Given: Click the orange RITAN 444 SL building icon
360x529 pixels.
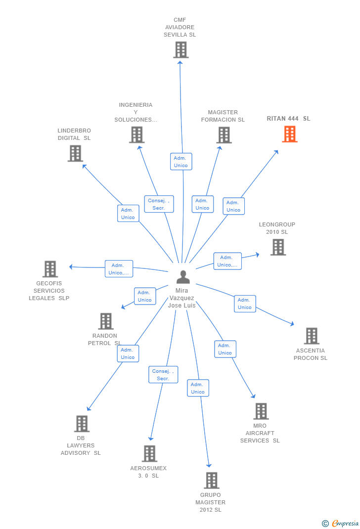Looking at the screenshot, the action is [x=290, y=134].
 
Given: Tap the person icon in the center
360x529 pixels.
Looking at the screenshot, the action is [x=183, y=277].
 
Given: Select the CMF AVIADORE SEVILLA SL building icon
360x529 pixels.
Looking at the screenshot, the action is [x=181, y=50].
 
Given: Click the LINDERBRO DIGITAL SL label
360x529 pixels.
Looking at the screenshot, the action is [x=74, y=134].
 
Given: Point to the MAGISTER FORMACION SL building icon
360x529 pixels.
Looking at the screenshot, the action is [x=224, y=135].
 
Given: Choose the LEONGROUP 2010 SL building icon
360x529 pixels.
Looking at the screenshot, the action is [x=278, y=247].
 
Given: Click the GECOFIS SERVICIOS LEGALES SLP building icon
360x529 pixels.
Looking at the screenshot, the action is [x=50, y=269].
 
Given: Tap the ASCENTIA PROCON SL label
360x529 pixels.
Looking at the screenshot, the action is [x=311, y=354].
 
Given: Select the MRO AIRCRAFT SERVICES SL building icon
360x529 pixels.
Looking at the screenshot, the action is [x=261, y=411].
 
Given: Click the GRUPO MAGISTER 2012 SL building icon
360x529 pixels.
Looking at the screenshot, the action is [x=212, y=481].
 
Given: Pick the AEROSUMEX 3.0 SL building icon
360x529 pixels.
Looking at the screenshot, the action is [x=150, y=453].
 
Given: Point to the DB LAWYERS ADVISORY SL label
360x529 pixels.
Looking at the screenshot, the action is [x=81, y=445].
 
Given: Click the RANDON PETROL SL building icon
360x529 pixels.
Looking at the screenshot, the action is [x=106, y=321].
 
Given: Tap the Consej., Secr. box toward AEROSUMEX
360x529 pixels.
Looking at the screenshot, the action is [x=163, y=374].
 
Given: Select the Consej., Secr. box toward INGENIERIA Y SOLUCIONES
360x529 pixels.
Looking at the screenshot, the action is [x=159, y=204].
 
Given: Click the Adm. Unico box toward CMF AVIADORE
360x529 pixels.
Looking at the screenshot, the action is [x=181, y=162].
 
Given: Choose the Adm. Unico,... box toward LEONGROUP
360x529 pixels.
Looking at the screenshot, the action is [x=227, y=261].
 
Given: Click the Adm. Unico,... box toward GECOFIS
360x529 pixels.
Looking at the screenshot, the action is [x=119, y=269].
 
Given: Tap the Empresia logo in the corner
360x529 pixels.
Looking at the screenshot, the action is [x=340, y=523].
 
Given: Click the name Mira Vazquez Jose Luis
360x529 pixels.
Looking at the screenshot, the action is [x=182, y=298].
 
